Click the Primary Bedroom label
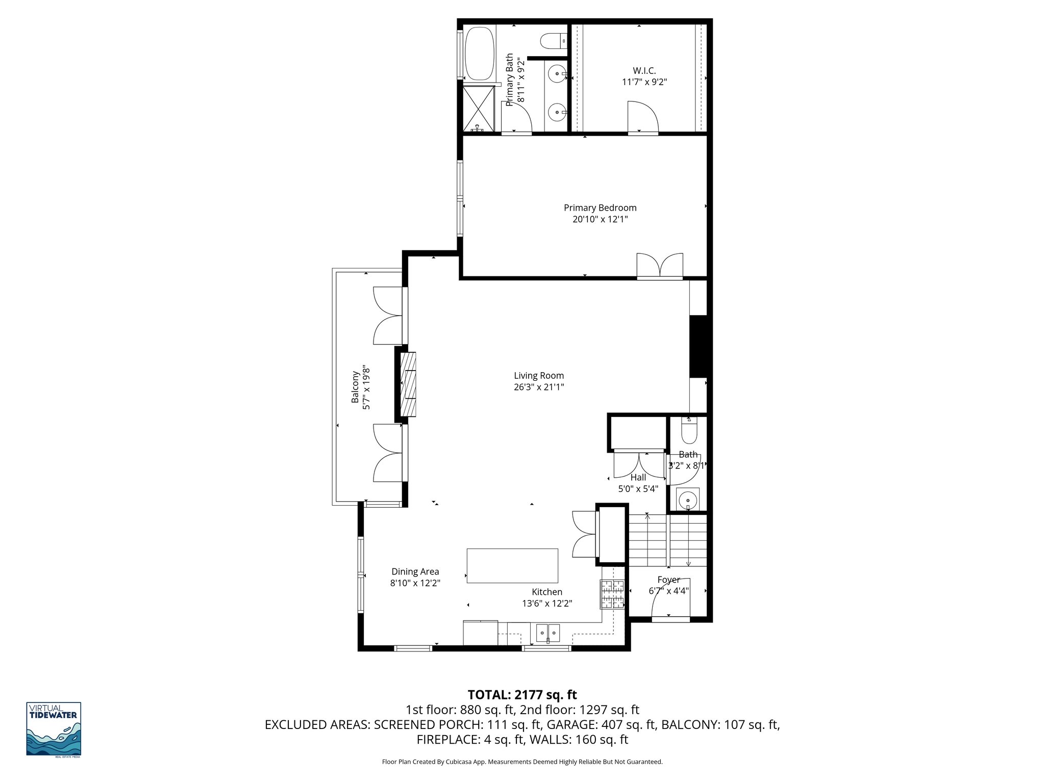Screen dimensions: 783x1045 coord(600,208)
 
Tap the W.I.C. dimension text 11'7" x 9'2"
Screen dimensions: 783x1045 coord(644,82)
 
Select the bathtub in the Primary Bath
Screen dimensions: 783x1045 coord(480,53)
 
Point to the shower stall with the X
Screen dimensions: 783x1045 coord(479,108)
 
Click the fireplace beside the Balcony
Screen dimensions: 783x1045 coord(408,384)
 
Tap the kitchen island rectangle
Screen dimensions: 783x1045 coord(512,565)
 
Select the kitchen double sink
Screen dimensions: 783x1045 coord(548,633)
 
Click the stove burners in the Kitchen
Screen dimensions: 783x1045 coord(613,594)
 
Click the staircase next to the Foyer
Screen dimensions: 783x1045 coord(667,540)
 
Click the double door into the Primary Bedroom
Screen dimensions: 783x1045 coord(660,266)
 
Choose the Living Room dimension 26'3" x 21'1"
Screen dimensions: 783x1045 coord(538,387)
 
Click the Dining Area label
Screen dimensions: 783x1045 coord(415,572)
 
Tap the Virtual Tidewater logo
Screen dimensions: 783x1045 coord(54,729)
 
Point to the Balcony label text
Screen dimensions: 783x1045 coord(355,387)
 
